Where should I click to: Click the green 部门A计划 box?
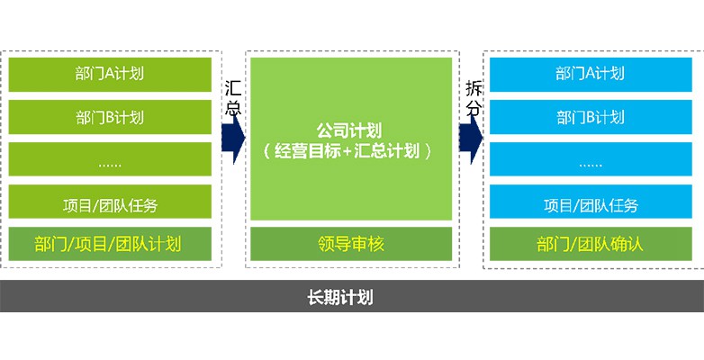point(110,75)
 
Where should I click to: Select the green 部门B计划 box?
point(110,117)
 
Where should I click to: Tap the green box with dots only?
point(110,159)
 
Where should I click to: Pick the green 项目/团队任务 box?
point(110,202)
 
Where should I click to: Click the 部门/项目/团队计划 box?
point(110,244)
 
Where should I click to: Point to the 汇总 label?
point(233,98)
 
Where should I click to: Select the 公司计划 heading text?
point(349,130)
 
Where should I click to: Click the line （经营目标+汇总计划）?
point(349,151)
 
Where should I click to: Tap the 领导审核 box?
point(351,244)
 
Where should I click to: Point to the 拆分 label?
point(474,98)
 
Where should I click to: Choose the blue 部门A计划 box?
point(591,75)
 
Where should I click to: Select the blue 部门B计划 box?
point(591,117)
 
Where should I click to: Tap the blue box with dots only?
point(591,159)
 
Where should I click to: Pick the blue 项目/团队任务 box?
point(591,202)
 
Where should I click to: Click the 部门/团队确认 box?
point(591,244)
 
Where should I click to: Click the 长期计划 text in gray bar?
point(340,298)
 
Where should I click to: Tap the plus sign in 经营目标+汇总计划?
point(348,152)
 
